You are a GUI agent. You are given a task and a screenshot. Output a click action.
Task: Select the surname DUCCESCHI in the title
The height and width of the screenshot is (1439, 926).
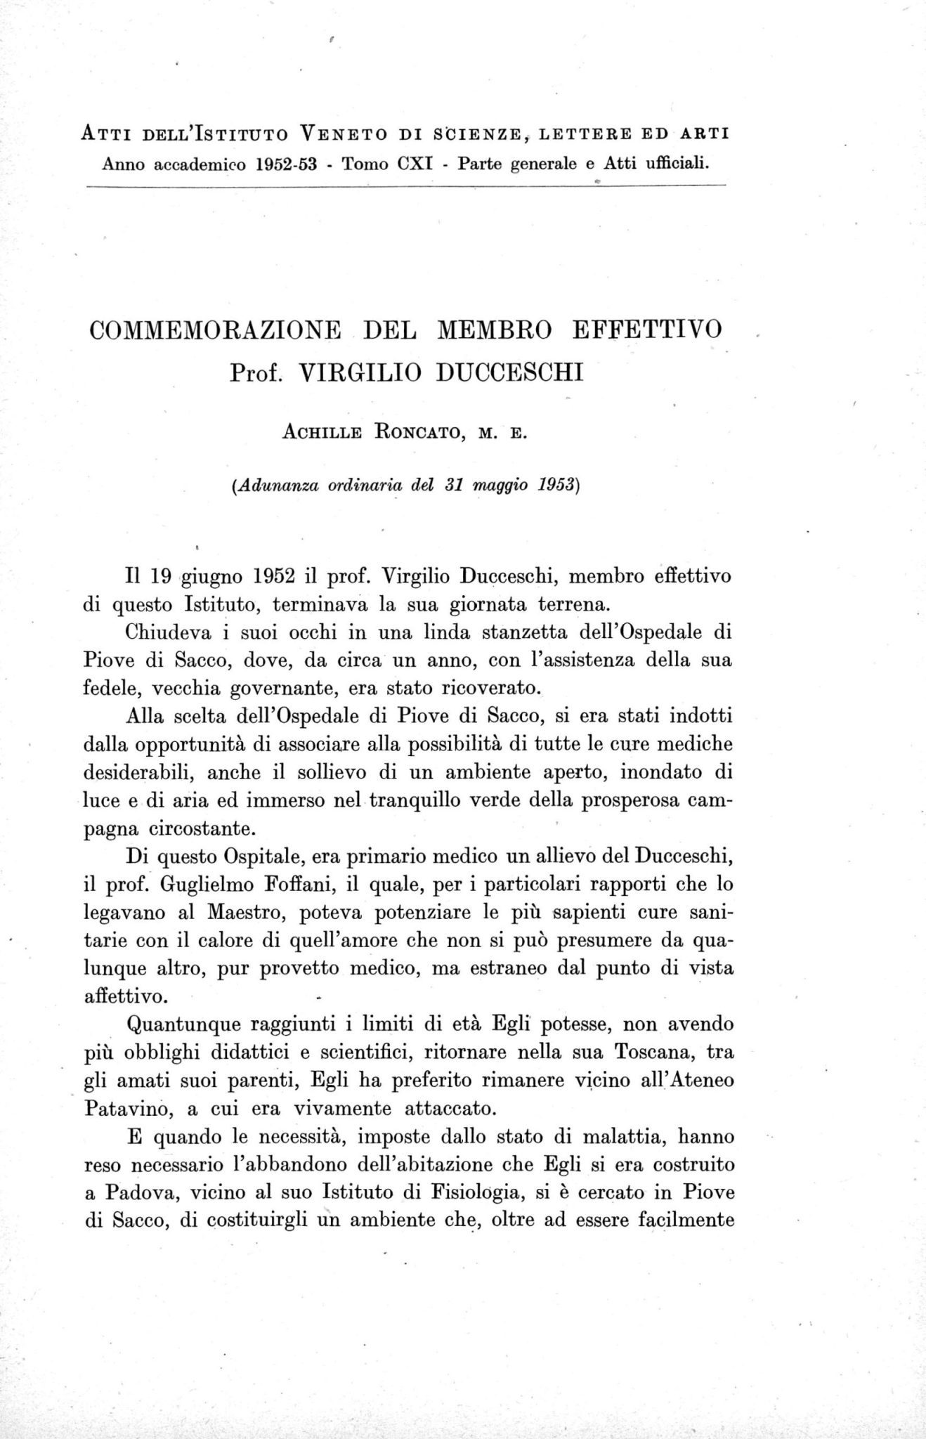point(510,370)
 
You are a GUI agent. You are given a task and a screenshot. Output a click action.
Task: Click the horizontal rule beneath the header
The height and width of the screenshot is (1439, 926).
point(404,185)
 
